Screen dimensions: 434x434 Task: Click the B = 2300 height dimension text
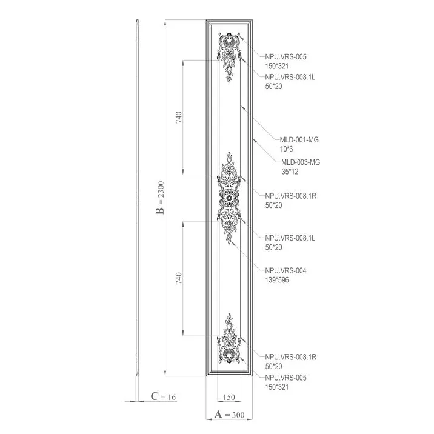point(161,202)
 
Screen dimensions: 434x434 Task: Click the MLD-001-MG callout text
point(299,139)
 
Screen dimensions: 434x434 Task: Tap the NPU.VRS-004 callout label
point(285,270)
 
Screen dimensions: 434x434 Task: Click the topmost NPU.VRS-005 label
point(285,56)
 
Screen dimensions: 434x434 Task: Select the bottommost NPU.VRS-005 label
point(285,377)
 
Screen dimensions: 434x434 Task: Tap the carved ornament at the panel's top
point(230,55)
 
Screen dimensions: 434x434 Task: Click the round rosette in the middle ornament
point(230,197)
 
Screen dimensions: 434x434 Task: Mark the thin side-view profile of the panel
point(138,200)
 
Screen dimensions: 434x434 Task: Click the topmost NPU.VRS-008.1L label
point(290,76)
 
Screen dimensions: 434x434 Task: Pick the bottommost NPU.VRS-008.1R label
point(290,357)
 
